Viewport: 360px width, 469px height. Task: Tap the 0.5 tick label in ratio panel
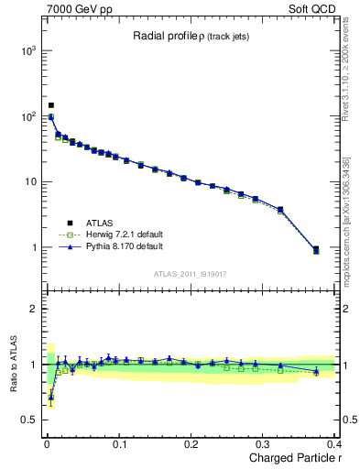coord(27,420)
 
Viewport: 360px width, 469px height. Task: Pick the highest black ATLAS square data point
coord(51,105)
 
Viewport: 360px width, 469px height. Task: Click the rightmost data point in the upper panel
coord(316,249)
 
